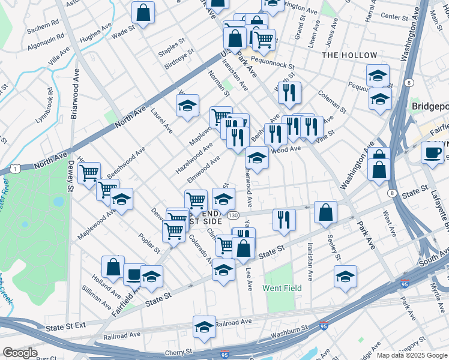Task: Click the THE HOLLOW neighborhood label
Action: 350,55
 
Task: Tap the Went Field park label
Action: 282,288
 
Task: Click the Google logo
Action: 20,353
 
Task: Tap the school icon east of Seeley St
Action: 345,277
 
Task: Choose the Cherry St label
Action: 179,352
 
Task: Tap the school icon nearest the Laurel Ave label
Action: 187,107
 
